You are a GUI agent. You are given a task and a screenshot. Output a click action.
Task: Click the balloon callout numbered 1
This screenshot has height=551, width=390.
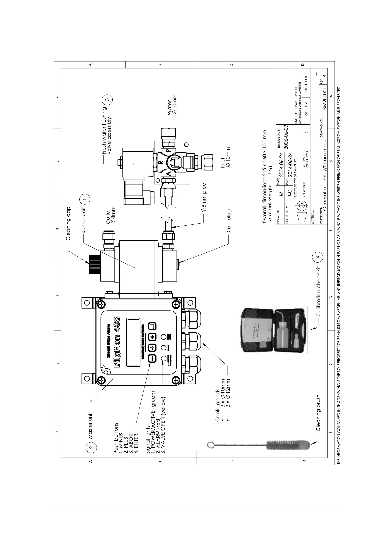pyautogui.click(x=85, y=199)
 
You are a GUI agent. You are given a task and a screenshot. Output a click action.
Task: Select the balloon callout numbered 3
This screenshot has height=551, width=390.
pyautogui.click(x=108, y=98)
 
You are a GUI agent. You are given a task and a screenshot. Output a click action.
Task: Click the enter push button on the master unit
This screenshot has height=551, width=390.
pyautogui.click(x=152, y=326)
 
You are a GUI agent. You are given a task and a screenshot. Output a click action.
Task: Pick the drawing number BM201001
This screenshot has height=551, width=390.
pyautogui.click(x=324, y=98)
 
